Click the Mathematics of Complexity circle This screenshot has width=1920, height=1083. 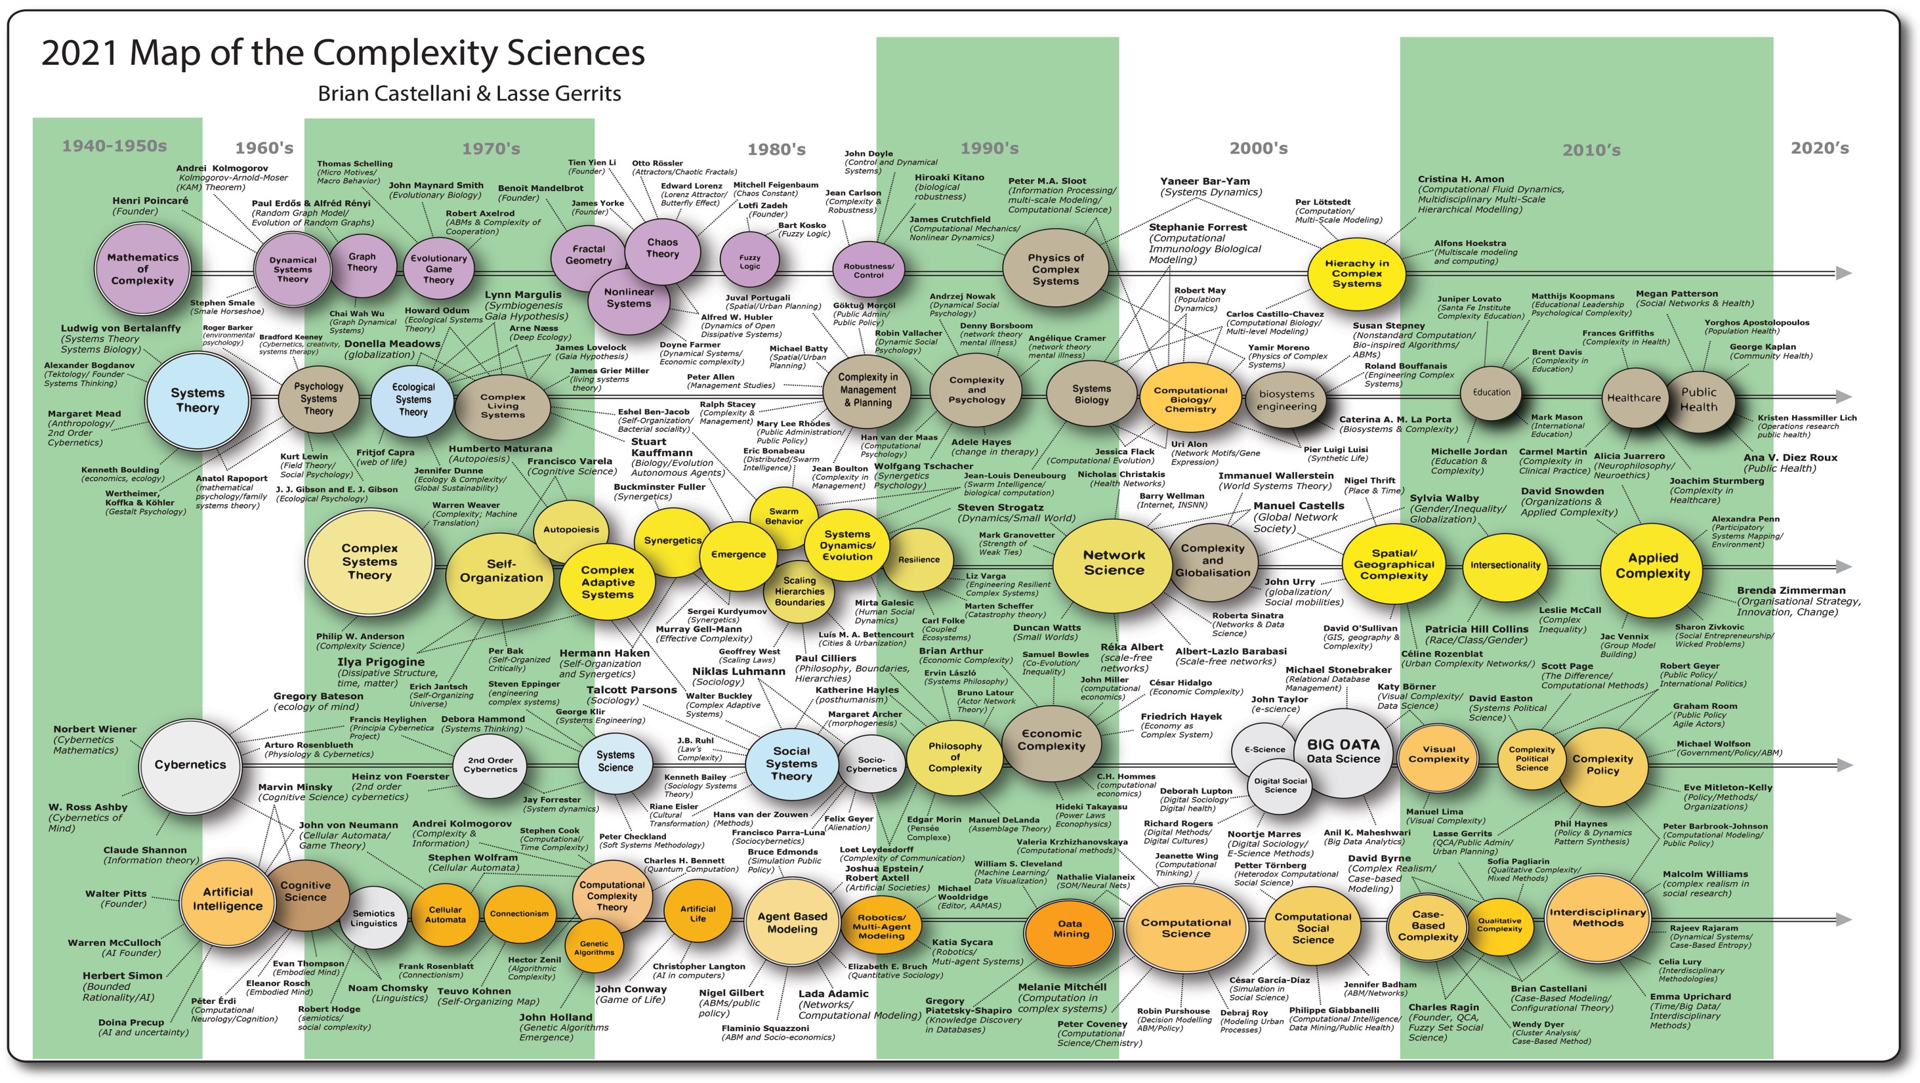(142, 269)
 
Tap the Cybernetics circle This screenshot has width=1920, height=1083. (190, 765)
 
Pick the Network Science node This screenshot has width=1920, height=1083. (1114, 563)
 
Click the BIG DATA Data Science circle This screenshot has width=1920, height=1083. (1343, 752)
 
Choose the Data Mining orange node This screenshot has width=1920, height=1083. (1070, 929)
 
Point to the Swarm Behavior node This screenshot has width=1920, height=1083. (783, 516)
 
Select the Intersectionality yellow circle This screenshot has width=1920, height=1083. (1505, 565)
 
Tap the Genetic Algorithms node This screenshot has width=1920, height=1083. (594, 947)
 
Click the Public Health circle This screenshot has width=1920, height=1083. (1699, 400)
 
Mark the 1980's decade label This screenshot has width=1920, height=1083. (777, 150)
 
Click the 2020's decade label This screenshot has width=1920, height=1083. (1820, 148)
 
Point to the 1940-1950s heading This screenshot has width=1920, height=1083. (114, 146)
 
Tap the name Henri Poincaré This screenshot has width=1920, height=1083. (150, 200)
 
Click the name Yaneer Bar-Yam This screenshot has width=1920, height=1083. (1205, 181)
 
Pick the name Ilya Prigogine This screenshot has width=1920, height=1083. (381, 662)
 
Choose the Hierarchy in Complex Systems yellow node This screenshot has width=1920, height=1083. (1356, 274)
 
